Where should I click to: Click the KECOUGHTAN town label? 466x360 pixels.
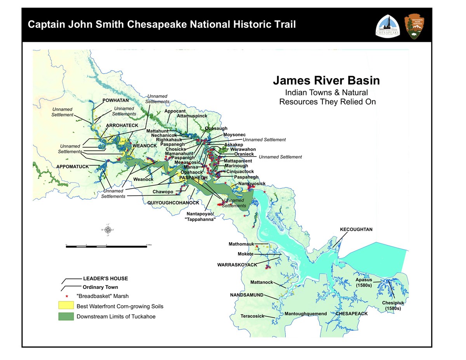coord(356,230)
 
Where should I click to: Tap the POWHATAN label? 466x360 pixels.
coord(115,100)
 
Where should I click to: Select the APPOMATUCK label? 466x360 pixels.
coord(73,167)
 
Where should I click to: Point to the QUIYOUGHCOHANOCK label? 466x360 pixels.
coord(173,203)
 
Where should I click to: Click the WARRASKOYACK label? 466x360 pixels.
coord(237,264)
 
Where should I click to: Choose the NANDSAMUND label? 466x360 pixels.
coord(247,295)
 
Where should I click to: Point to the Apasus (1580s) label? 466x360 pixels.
coord(364,282)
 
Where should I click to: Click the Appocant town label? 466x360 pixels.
coord(175,111)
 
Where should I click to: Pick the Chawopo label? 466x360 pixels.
coord(163,192)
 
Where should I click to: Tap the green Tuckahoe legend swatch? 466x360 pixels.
coord(66,316)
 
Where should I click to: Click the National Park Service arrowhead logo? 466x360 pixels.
coord(414,26)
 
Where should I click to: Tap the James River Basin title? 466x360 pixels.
coord(326,81)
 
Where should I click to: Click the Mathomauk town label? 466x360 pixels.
coord(241,244)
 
